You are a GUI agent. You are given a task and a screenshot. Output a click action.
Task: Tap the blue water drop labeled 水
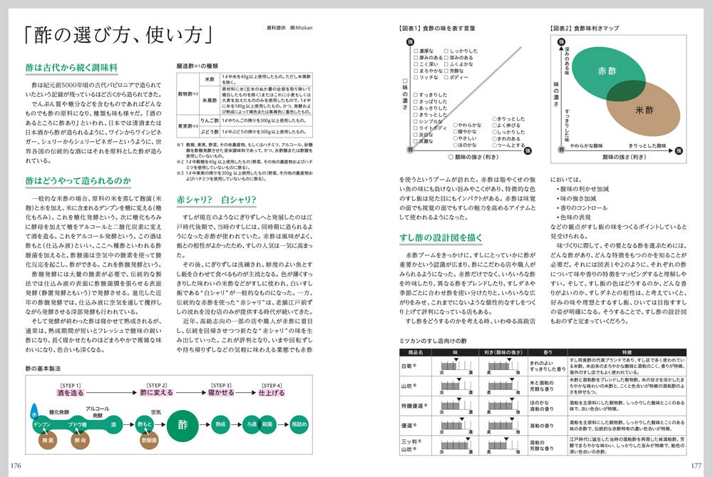coord(33,413)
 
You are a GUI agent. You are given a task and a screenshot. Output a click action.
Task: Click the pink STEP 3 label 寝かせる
coord(221,393)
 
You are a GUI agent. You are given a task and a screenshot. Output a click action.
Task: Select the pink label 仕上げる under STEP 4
coord(272,393)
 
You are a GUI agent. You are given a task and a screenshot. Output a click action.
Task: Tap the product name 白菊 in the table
coord(410,364)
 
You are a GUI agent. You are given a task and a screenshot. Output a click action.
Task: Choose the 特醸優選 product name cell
coord(411,405)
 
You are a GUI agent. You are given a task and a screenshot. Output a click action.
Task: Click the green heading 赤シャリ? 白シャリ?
coord(217,199)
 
